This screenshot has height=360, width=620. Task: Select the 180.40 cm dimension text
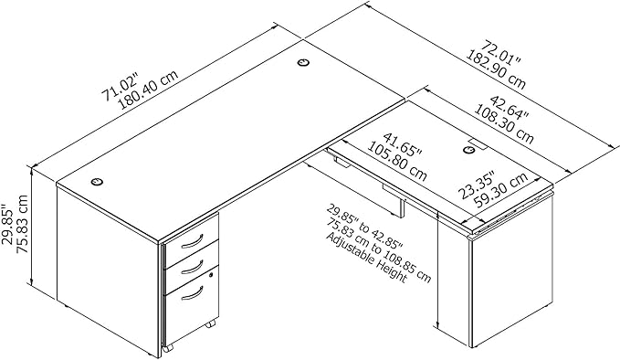point(148,90)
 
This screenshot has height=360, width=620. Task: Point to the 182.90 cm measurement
point(495,69)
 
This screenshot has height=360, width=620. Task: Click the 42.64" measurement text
point(509,107)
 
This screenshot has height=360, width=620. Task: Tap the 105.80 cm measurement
point(397,162)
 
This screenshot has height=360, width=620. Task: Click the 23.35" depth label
point(477,185)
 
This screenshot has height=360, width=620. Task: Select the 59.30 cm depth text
point(501,191)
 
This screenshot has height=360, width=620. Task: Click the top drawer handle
point(193,242)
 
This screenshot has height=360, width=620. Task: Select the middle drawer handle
point(193,266)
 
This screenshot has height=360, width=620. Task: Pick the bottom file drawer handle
point(193,293)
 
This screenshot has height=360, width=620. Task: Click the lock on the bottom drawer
point(211,275)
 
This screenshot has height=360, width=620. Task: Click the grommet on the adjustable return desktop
point(469,150)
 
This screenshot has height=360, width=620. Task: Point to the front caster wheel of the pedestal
point(169,347)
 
